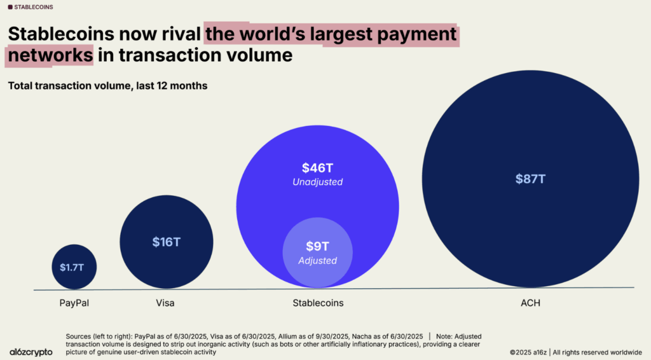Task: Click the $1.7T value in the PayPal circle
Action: coord(74,267)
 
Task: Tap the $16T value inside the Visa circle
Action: coord(166,242)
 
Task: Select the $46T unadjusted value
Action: coord(317,168)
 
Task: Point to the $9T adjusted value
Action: coord(317,246)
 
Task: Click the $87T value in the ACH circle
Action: coord(530,179)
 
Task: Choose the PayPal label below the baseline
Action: coord(74,303)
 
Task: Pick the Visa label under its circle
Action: coord(165,303)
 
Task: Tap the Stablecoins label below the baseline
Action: coord(317,303)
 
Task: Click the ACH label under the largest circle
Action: coord(530,303)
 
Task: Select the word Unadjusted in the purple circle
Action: coord(317,182)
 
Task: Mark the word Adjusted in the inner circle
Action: coord(317,261)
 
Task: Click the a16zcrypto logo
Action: coord(31,352)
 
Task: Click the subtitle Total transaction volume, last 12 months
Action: coord(107,85)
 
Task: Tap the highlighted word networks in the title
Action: coord(50,55)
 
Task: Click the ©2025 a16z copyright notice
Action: coord(575,352)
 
